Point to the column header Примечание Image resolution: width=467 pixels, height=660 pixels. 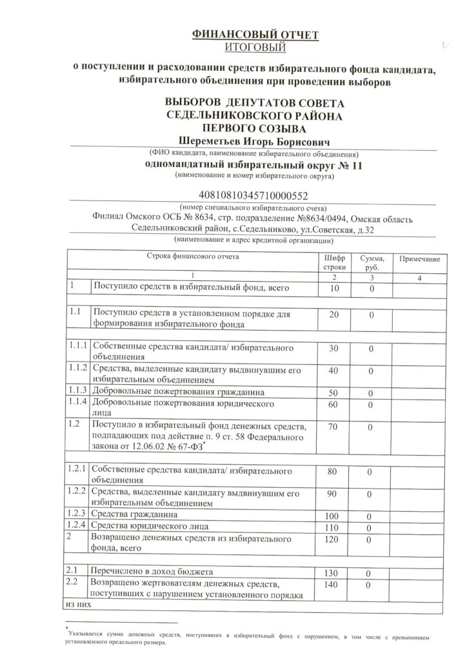pos(419,258)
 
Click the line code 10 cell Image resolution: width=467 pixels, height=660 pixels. pos(334,289)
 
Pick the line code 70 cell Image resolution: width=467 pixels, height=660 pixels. pos(334,427)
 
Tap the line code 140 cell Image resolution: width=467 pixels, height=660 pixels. pos(334,584)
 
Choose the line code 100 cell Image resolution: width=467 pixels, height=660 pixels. pos(334,517)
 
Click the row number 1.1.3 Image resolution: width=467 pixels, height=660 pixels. pos(78,391)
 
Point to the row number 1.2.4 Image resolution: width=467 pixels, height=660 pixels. pos(78,527)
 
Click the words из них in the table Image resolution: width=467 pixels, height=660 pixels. pos(75,605)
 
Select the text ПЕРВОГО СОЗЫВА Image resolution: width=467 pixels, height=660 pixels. pos(248,128)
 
